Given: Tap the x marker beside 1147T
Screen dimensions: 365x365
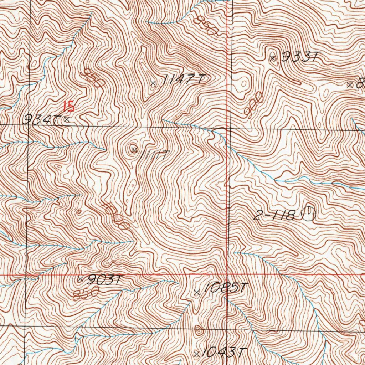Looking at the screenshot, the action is tap(153, 84).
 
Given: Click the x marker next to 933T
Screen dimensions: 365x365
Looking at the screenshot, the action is tap(273, 58).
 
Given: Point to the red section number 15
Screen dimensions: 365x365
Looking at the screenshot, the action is tap(68, 106).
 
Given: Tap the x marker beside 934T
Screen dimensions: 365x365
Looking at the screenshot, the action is tap(67, 120).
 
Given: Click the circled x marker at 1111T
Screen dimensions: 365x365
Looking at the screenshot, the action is tap(134, 149).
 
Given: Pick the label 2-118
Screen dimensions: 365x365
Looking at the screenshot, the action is tap(274, 215).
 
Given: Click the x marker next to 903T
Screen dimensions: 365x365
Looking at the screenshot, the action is tap(80, 278).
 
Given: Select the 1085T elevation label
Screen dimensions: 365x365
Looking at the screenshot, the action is tap(225, 288).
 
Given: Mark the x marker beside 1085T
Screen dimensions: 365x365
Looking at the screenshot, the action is tap(196, 293).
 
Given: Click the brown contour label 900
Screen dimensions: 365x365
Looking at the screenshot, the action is tap(254, 103).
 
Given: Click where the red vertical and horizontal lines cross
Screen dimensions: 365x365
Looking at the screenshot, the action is tap(228, 275).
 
